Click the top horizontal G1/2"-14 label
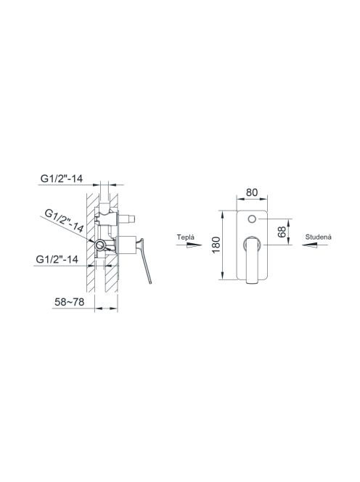(62, 179)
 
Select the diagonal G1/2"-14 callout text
(64, 221)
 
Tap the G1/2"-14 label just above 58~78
(57, 259)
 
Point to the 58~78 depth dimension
(69, 302)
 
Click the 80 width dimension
(252, 192)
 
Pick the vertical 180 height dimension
(216, 245)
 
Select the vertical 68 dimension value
(282, 232)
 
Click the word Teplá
(186, 237)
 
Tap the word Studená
(319, 237)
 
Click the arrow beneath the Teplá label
(189, 245)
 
